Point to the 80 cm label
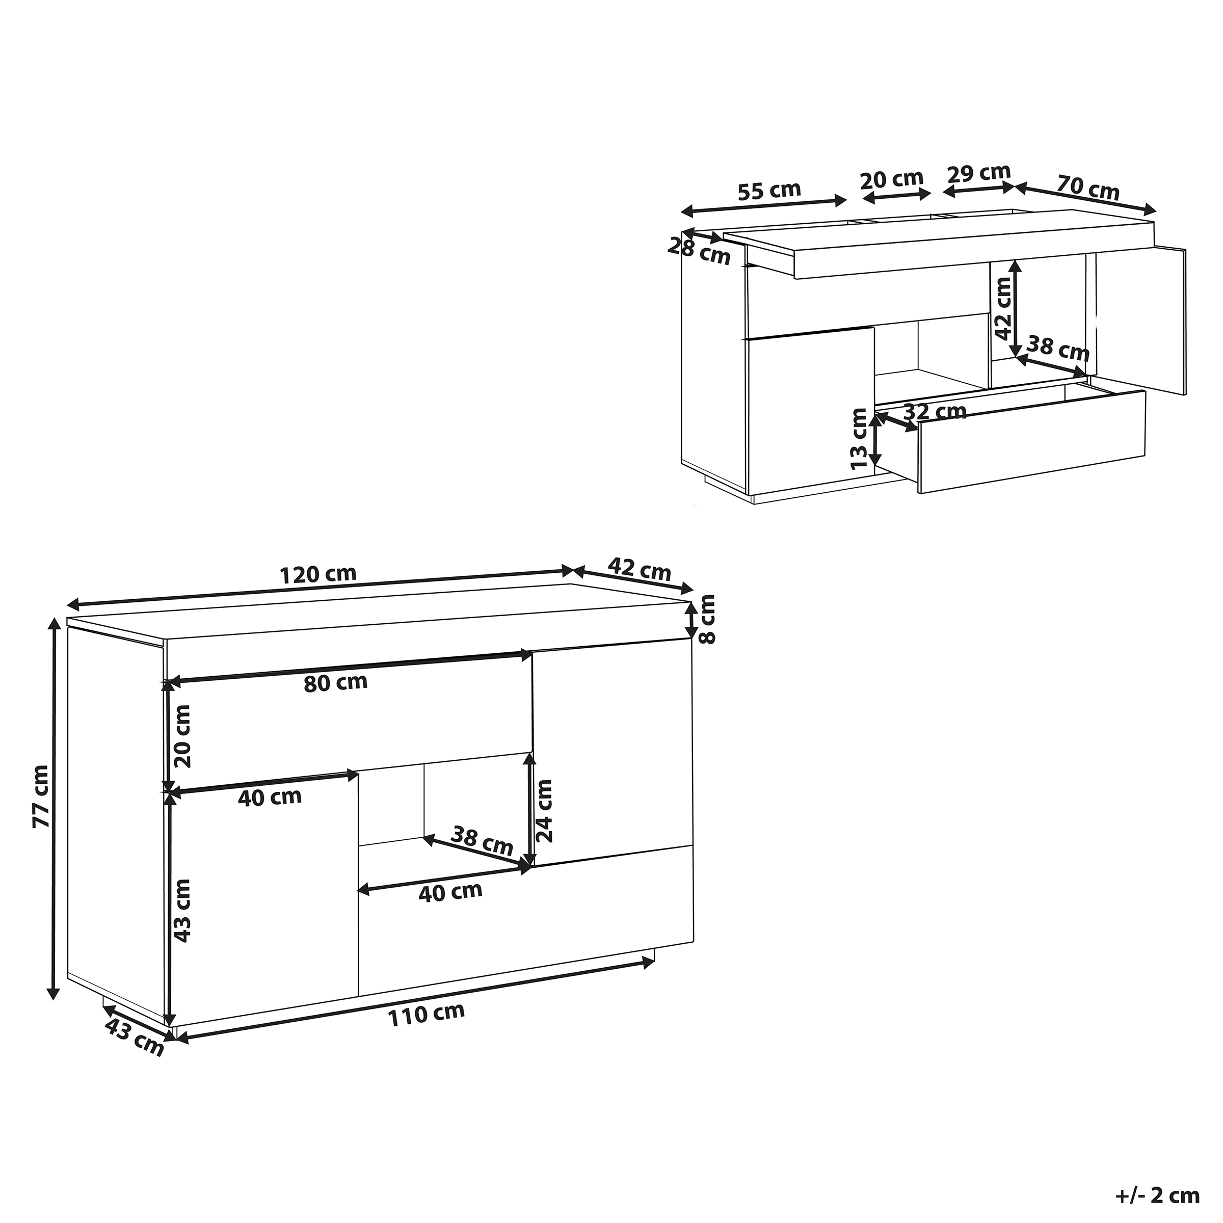click(335, 682)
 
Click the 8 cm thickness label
click(707, 619)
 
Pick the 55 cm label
click(769, 191)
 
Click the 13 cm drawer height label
click(859, 438)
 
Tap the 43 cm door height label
click(182, 910)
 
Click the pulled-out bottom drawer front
click(1032, 441)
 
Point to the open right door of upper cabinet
click(1140, 320)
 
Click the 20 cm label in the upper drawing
click(892, 180)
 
